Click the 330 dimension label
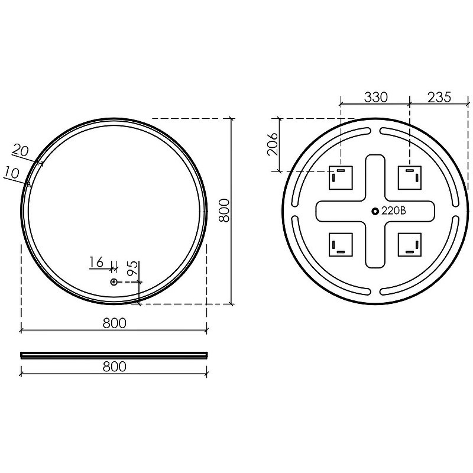pyautogui.click(x=375, y=98)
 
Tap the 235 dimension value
pyautogui.click(x=439, y=97)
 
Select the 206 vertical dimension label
pyautogui.click(x=273, y=144)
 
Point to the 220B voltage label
pyautogui.click(x=393, y=211)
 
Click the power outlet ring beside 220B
pyautogui.click(x=375, y=211)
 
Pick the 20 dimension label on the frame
pyautogui.click(x=21, y=150)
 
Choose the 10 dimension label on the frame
pyautogui.click(x=12, y=173)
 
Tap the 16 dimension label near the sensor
pyautogui.click(x=96, y=262)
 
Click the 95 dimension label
pyautogui.click(x=132, y=268)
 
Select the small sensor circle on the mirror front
pyautogui.click(x=114, y=282)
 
